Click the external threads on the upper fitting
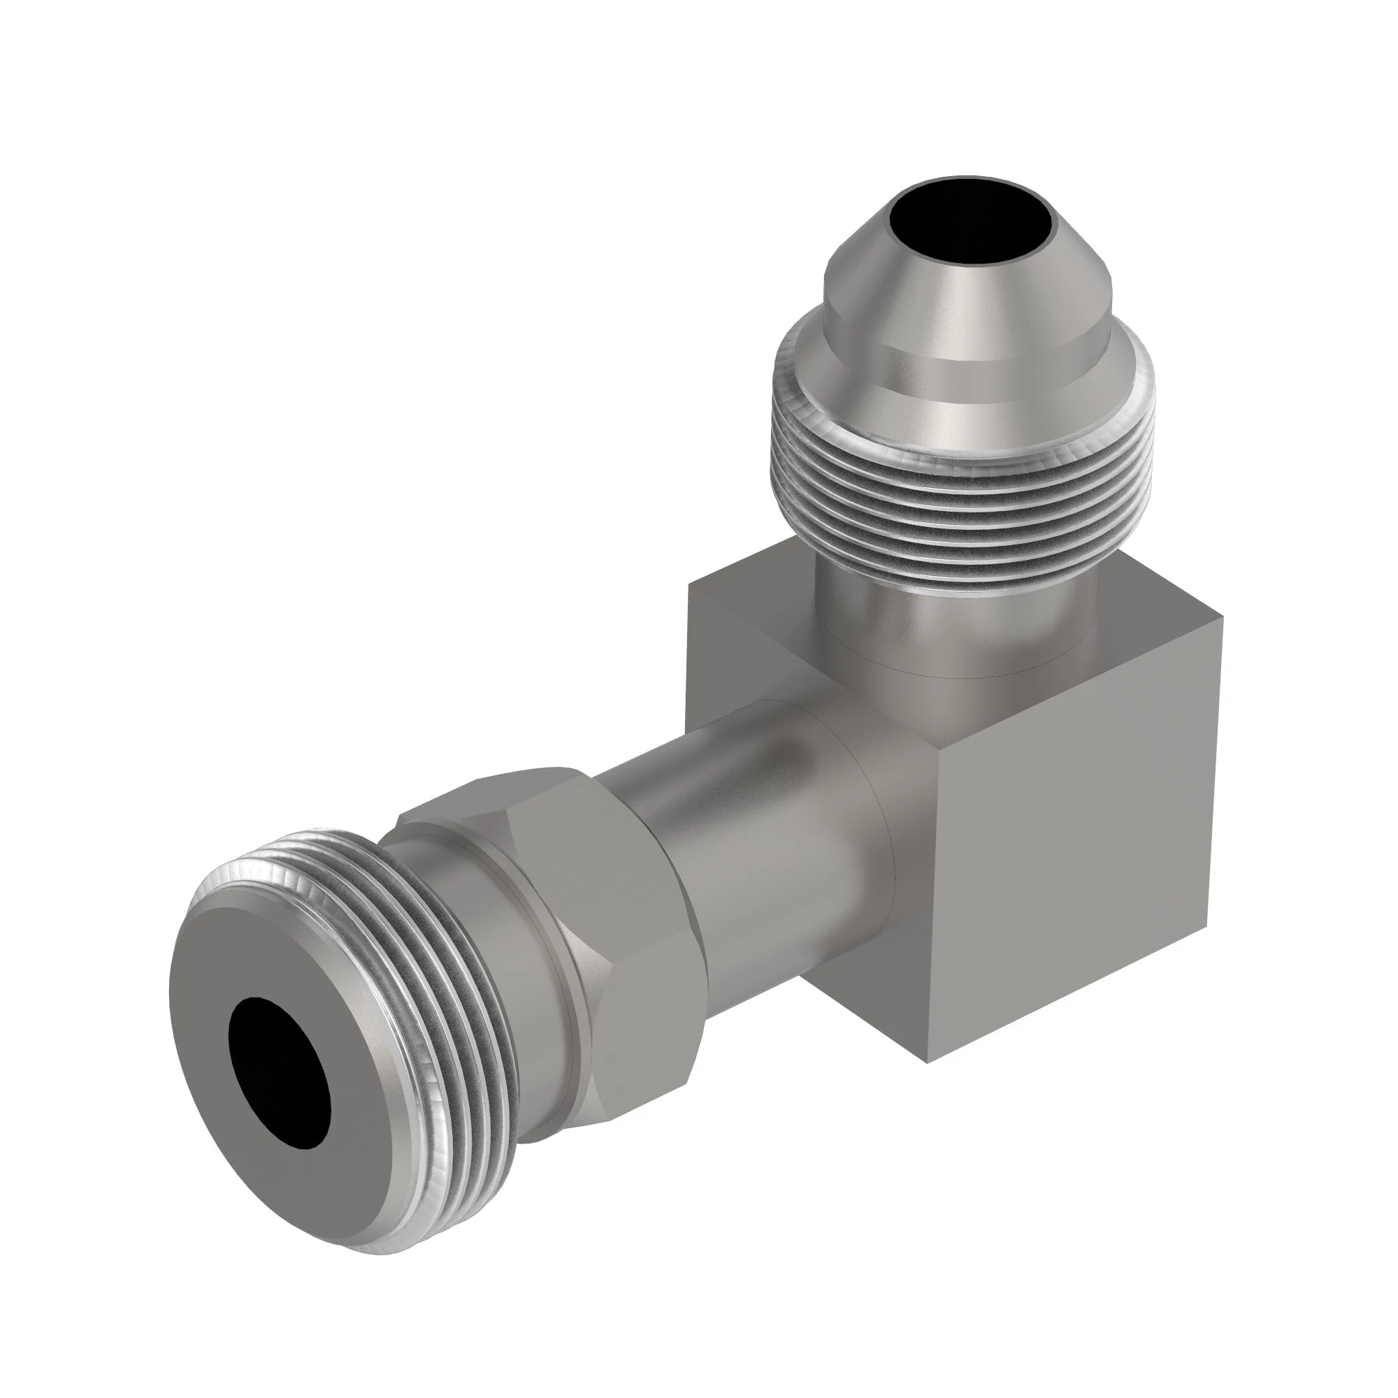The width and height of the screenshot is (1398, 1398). (x=955, y=499)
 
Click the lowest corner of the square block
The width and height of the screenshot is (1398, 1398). (x=928, y=1061)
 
